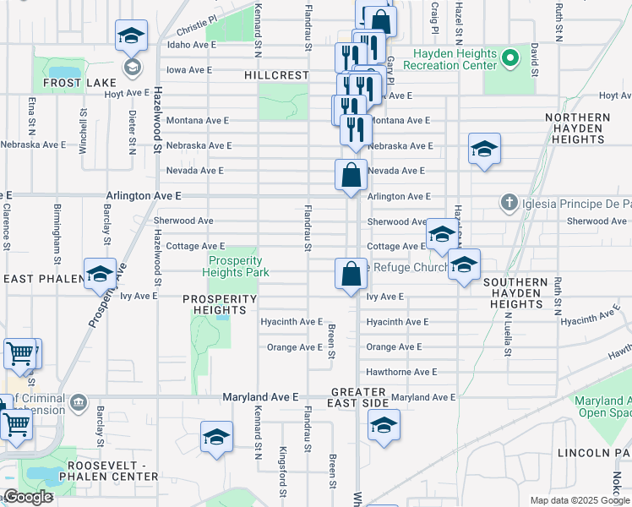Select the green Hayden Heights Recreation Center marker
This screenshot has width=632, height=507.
(x=509, y=59)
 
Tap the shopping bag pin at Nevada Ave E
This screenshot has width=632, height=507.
(x=351, y=176)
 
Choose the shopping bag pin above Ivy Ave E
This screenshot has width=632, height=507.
(x=351, y=274)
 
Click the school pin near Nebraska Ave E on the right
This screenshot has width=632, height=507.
(x=484, y=149)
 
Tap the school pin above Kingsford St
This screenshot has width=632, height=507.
(x=216, y=437)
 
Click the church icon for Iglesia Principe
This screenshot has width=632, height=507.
(x=508, y=203)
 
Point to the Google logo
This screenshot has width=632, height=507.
(x=28, y=497)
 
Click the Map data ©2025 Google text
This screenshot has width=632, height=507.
(x=580, y=500)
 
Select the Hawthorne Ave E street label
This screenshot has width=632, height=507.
(x=400, y=372)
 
